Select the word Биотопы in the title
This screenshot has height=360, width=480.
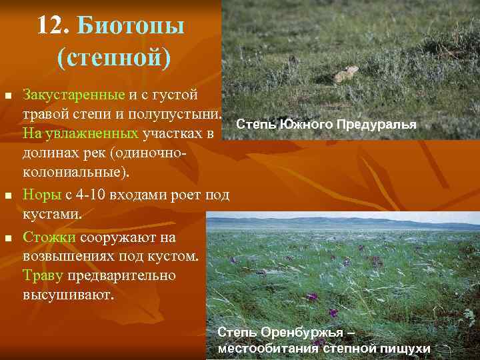click(131, 26)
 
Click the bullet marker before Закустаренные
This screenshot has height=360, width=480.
click(8, 98)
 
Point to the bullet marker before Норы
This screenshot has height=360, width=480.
click(8, 196)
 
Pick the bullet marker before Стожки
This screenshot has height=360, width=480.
click(8, 238)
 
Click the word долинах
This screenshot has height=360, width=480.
click(49, 153)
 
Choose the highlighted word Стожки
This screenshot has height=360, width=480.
click(49, 237)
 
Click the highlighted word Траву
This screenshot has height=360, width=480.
click(43, 275)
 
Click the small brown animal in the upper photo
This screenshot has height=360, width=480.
click(347, 73)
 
